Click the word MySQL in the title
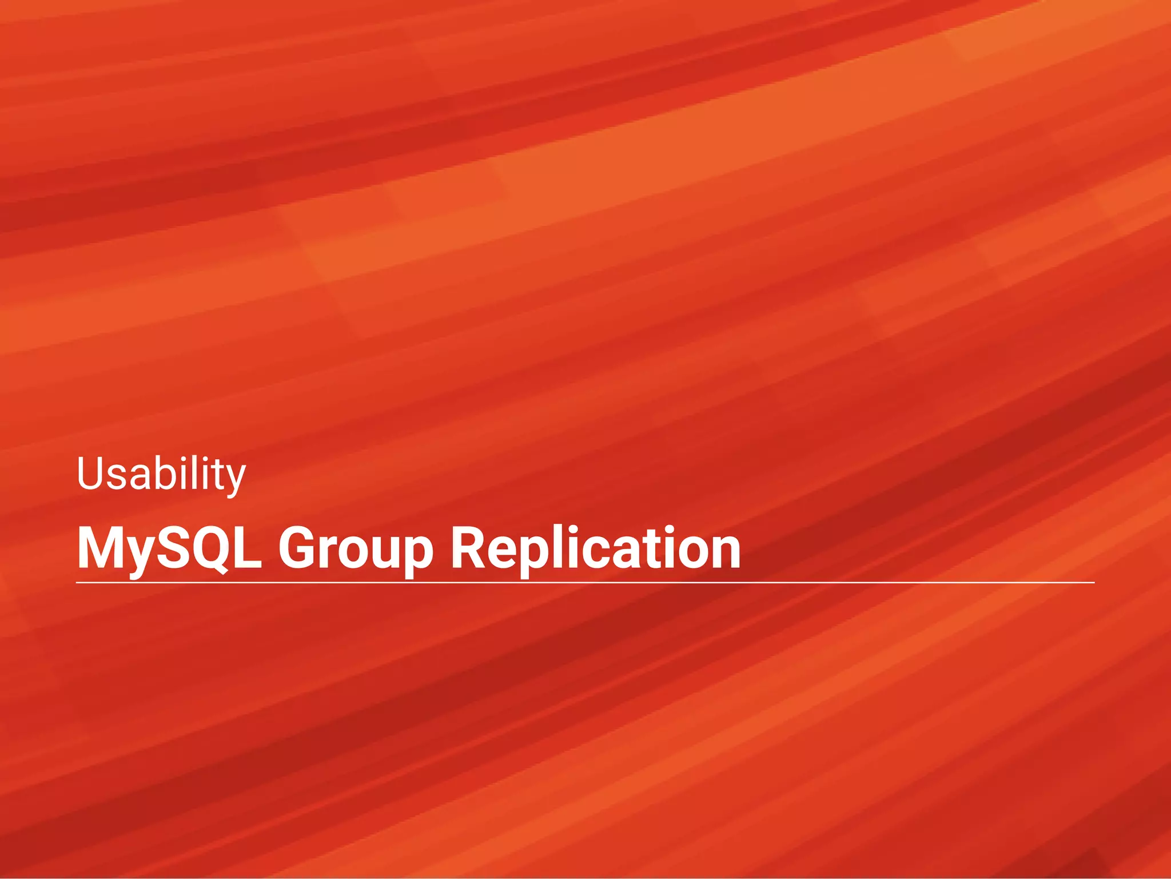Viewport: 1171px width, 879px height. coord(169,548)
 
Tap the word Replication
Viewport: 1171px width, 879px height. coord(595,548)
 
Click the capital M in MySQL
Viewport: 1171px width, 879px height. coord(98,548)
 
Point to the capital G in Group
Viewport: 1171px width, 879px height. coord(300,548)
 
